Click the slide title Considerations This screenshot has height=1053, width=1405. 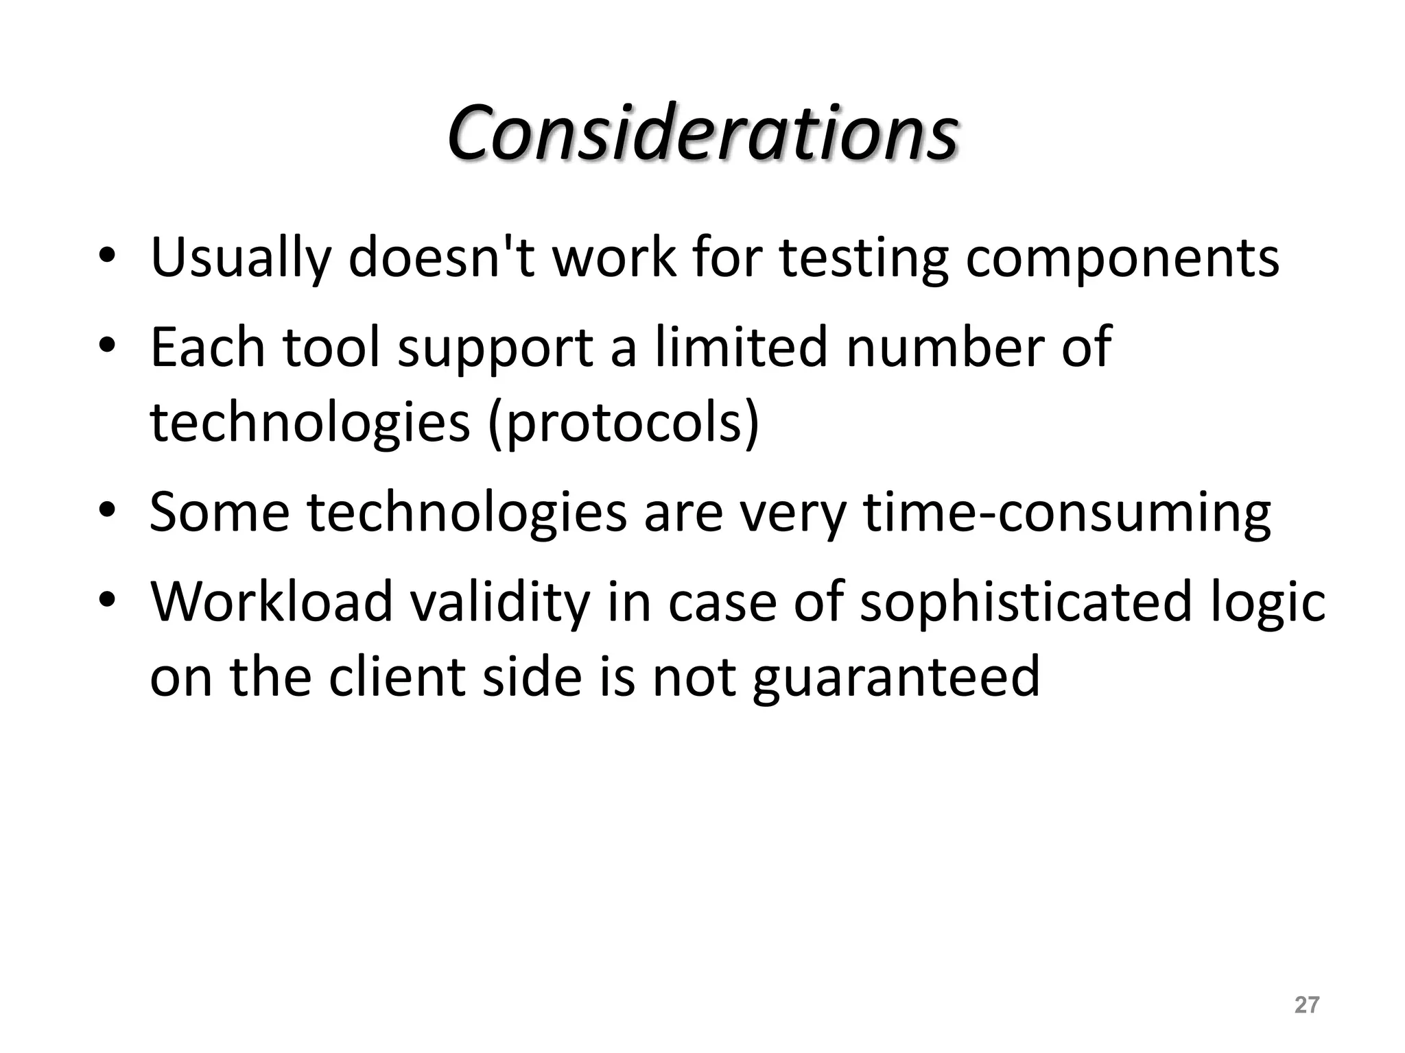702,132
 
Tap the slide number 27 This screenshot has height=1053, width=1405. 1306,1005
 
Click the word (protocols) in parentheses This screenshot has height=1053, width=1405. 624,422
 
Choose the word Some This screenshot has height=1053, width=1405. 219,511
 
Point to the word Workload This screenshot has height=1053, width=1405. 272,601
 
